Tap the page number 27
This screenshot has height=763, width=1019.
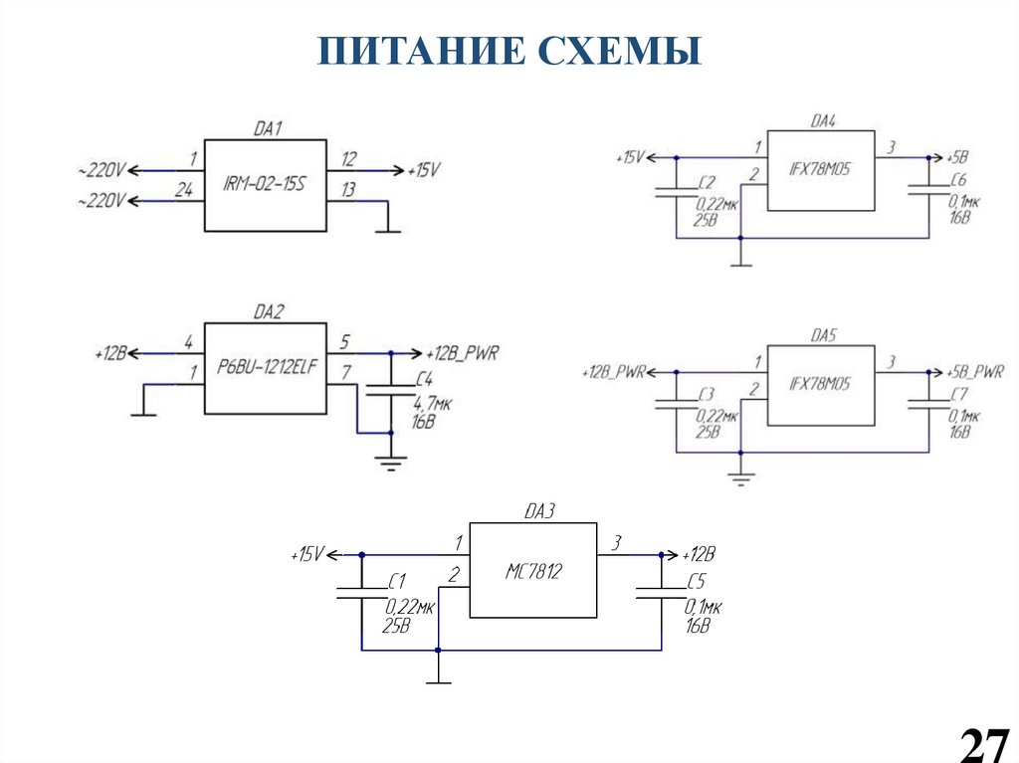[x=982, y=742]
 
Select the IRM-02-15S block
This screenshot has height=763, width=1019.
[x=266, y=186]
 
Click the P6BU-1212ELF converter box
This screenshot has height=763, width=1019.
[x=266, y=369]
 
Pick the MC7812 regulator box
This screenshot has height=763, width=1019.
[x=533, y=571]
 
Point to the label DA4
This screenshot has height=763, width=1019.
[x=822, y=121]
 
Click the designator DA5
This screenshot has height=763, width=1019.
[x=822, y=336]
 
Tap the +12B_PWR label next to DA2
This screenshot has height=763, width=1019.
[x=462, y=353]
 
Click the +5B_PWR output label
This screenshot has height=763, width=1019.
[x=975, y=371]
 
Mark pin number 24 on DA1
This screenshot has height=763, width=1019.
[x=183, y=189]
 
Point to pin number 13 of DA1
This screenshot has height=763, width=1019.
[x=348, y=189]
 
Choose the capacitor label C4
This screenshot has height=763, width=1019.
[x=423, y=379]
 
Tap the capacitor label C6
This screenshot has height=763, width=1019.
[x=957, y=182]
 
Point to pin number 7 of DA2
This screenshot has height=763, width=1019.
[x=345, y=372]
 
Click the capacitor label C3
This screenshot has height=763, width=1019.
[x=707, y=395]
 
